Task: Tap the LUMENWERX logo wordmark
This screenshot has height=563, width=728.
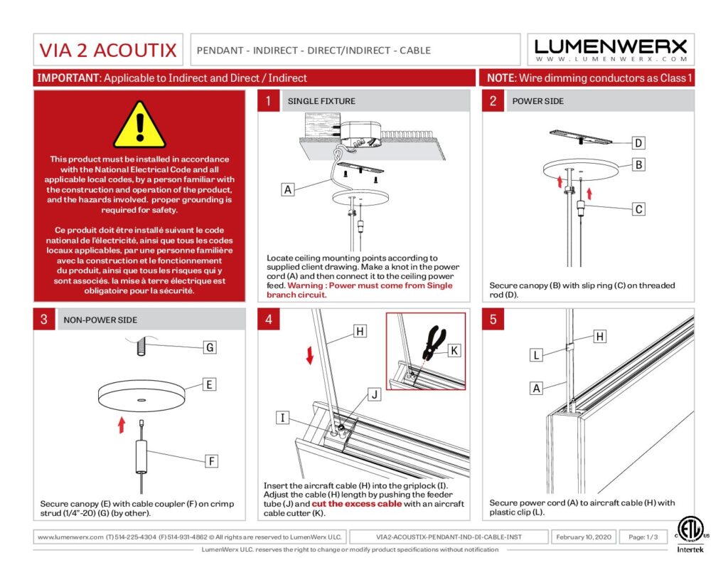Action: tap(611, 47)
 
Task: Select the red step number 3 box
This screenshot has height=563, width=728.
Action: tap(43, 320)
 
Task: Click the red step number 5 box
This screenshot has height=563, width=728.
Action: tap(493, 320)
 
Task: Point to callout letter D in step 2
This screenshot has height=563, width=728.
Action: tap(638, 143)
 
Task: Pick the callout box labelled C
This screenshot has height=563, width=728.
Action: tap(638, 209)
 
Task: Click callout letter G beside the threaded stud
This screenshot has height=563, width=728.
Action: tap(209, 347)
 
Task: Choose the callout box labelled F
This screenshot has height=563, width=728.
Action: tap(212, 461)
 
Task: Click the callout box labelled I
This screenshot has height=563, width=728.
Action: tap(283, 418)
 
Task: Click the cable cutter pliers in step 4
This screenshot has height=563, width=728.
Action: tap(432, 345)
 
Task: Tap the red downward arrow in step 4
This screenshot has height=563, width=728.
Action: tap(309, 354)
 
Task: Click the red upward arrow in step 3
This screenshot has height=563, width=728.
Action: tap(122, 424)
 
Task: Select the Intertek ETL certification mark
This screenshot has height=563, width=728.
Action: tap(687, 532)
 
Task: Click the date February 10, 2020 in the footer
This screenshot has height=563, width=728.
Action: tap(584, 537)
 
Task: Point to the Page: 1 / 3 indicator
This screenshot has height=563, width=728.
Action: tap(643, 537)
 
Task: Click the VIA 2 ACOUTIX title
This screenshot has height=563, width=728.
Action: tap(107, 51)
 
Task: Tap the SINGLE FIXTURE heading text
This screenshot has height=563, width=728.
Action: tap(321, 101)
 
